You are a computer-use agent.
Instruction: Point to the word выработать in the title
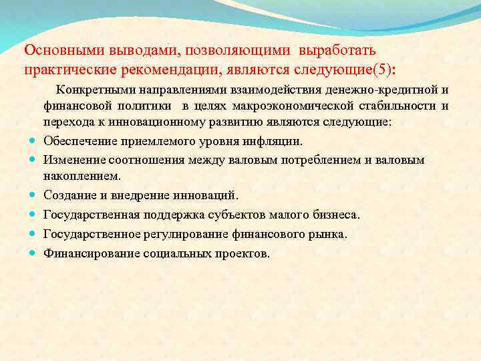pos(339,51)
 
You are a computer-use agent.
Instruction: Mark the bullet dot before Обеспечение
pos(33,141)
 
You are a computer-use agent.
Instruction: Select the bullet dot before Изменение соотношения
pos(33,160)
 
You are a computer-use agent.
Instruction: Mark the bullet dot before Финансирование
pos(33,253)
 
